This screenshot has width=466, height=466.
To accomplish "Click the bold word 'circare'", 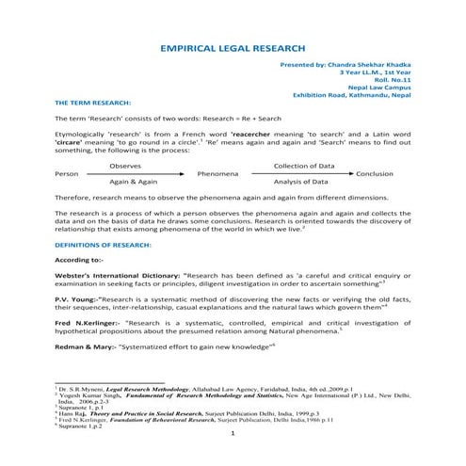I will [71, 142].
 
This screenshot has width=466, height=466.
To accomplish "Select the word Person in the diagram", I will [67, 173].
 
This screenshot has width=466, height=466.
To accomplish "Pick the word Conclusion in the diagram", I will [375, 173].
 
